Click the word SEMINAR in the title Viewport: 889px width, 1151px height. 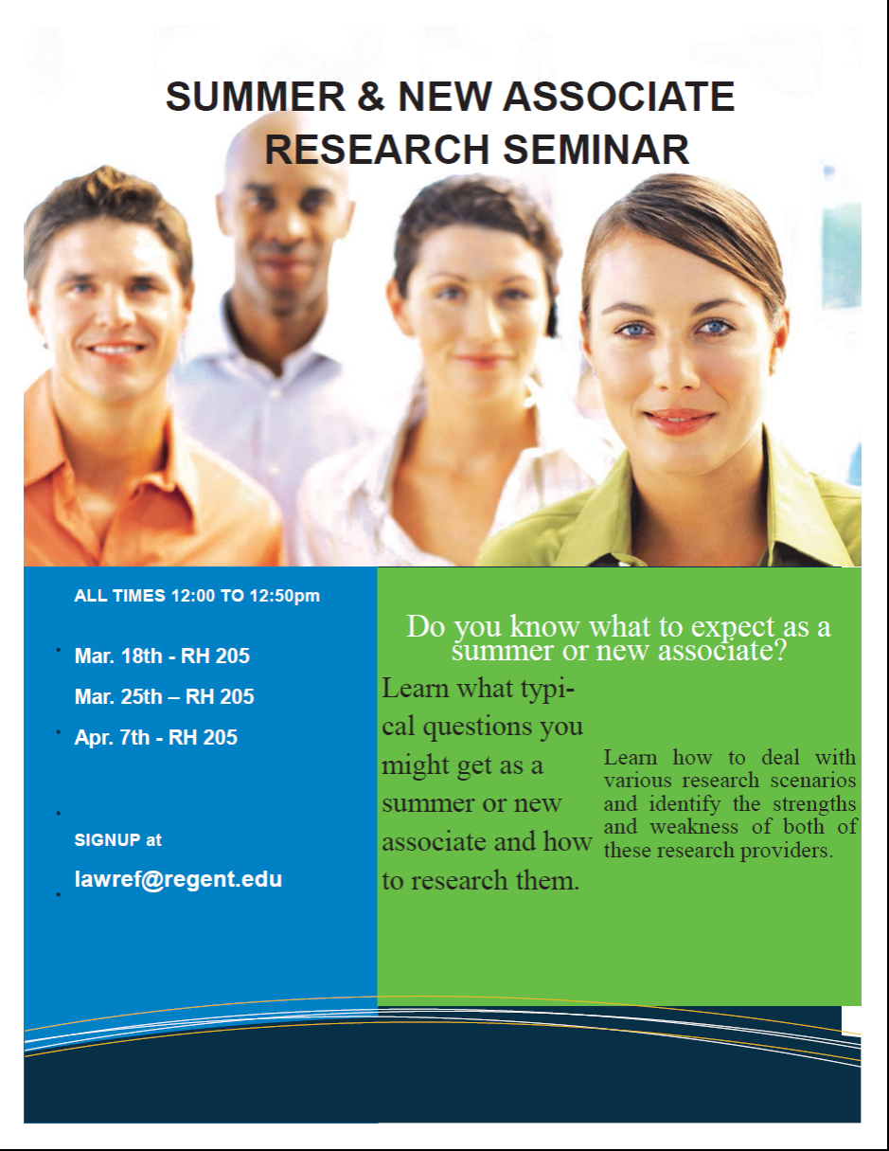(x=596, y=150)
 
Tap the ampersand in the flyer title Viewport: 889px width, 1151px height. (x=372, y=98)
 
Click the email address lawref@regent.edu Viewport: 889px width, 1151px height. (x=178, y=879)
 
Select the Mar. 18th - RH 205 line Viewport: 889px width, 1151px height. (x=162, y=656)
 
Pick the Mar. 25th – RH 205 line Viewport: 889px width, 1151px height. (x=164, y=696)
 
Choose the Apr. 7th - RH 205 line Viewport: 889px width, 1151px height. (x=155, y=737)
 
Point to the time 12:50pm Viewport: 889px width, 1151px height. (x=284, y=596)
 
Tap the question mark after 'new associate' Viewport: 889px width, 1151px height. (x=778, y=651)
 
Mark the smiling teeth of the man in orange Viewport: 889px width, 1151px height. (x=116, y=349)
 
